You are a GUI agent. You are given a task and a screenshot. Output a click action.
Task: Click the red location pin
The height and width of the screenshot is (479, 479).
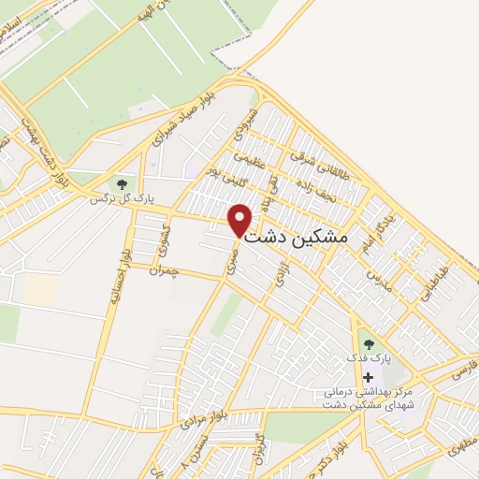pos(240,220)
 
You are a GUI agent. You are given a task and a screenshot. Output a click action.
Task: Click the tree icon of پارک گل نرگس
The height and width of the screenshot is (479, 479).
pos(120,183)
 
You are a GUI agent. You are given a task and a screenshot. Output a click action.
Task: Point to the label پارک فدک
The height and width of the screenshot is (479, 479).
pos(367,359)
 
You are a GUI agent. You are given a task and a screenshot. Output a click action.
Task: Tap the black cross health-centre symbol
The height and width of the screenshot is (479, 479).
pos(367,376)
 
